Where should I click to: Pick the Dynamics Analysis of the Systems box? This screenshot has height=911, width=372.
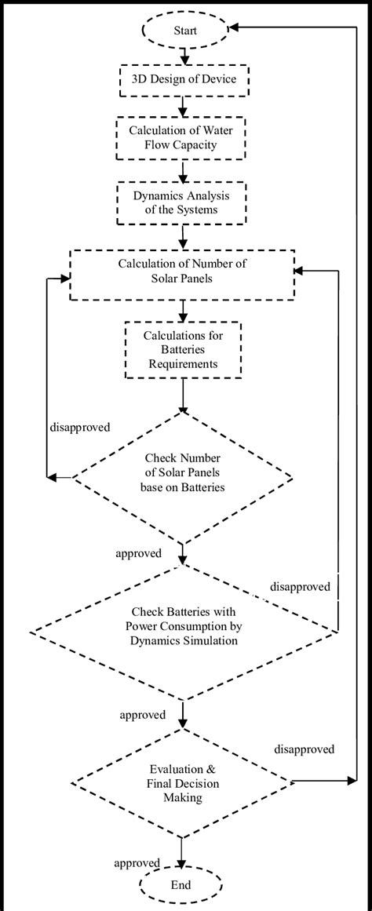(182, 203)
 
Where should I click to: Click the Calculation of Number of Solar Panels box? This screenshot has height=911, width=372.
(182, 274)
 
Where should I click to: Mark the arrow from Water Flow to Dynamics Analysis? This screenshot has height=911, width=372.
(182, 171)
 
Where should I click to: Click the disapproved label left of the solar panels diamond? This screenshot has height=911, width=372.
(79, 428)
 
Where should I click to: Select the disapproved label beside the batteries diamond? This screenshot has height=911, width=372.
(301, 586)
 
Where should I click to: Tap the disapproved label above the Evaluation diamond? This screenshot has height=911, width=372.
(304, 749)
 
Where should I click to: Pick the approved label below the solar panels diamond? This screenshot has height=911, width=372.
(139, 553)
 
